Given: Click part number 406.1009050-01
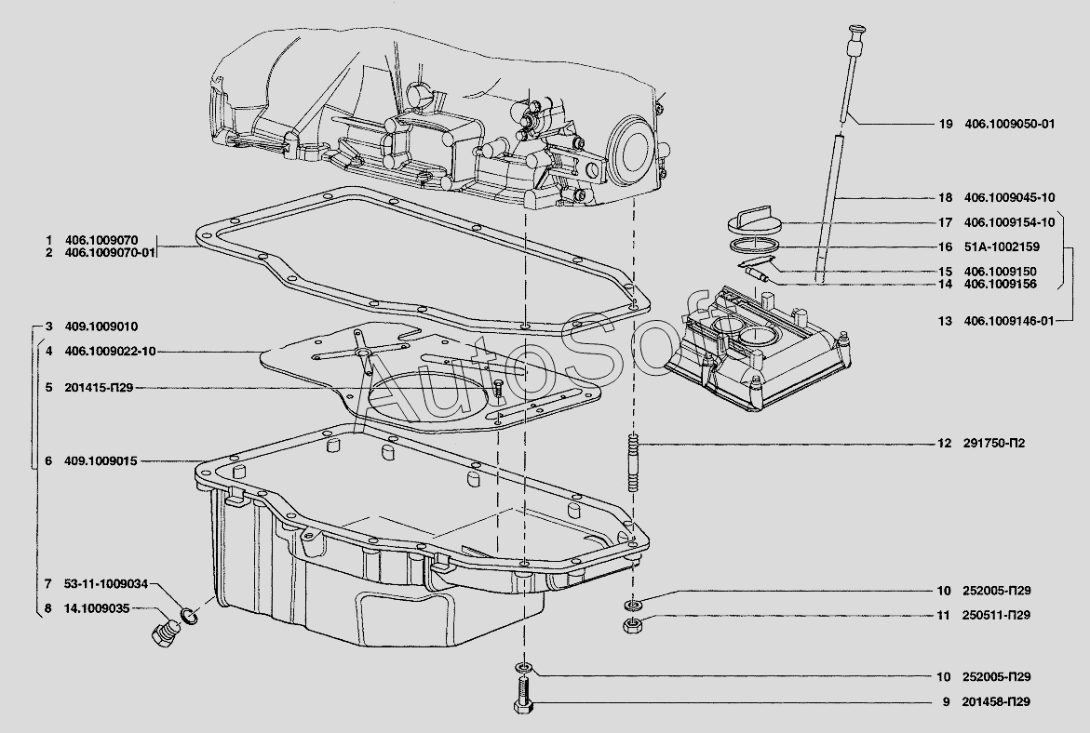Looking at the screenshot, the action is point(1009,125).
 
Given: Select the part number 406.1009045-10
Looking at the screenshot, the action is point(1009,197).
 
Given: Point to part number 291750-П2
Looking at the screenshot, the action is point(993,444).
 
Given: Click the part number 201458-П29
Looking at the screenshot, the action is point(996,701).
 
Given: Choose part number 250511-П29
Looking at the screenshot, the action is point(996,615).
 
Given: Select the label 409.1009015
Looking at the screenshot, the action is point(101,460).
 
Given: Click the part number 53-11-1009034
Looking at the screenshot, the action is point(106,584).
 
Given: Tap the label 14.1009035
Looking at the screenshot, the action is point(97,608).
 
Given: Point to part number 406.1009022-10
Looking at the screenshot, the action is point(110,352).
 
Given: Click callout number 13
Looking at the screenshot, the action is point(945,321).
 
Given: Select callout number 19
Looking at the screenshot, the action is point(945,125).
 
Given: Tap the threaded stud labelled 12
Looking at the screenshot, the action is point(633,462).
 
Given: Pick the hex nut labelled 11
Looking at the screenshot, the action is point(633,624).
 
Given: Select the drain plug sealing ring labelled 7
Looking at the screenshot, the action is point(189,615).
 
